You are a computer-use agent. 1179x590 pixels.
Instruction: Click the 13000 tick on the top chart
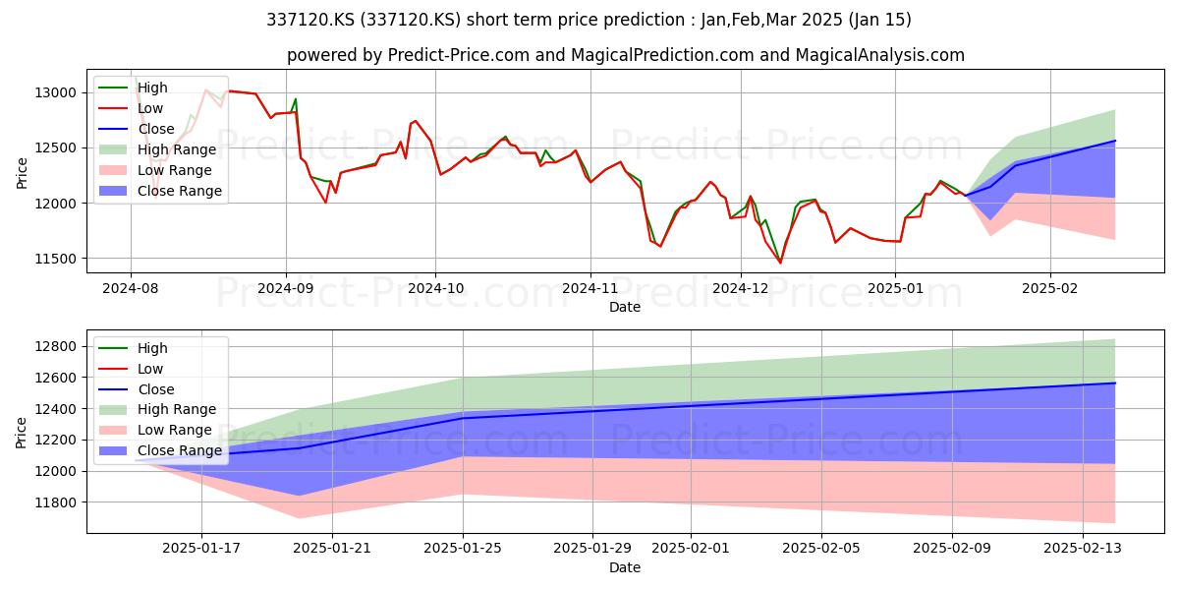pos(55,92)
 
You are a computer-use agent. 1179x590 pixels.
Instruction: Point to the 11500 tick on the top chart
pos(55,259)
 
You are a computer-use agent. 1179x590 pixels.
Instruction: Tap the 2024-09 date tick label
pos(286,289)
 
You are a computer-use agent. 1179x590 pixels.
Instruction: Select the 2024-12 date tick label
pos(741,289)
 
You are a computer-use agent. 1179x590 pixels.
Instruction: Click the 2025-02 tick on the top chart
pos(1050,289)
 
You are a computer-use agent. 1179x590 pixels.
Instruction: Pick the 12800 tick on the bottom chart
pos(55,346)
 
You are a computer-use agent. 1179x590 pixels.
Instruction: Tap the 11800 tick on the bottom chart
pos(55,502)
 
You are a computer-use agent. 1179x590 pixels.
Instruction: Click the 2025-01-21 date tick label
pos(332,549)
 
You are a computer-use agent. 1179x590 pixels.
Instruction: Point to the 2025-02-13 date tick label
pos(1083,549)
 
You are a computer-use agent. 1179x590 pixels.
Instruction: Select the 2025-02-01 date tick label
pos(691,549)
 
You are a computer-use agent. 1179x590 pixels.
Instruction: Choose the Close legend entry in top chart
pos(137,129)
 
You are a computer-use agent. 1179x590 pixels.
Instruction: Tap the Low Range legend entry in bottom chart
pos(155,430)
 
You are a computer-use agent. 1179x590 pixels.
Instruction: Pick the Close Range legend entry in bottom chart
pos(160,450)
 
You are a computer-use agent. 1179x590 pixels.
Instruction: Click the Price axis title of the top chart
pos(22,173)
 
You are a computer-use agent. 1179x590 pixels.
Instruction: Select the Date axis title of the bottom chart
pos(625,567)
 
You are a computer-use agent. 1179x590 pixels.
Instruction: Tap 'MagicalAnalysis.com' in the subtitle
pos(879,55)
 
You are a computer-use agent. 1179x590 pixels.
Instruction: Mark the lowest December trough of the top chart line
pos(780,263)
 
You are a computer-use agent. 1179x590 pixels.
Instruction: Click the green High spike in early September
pos(296,99)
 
